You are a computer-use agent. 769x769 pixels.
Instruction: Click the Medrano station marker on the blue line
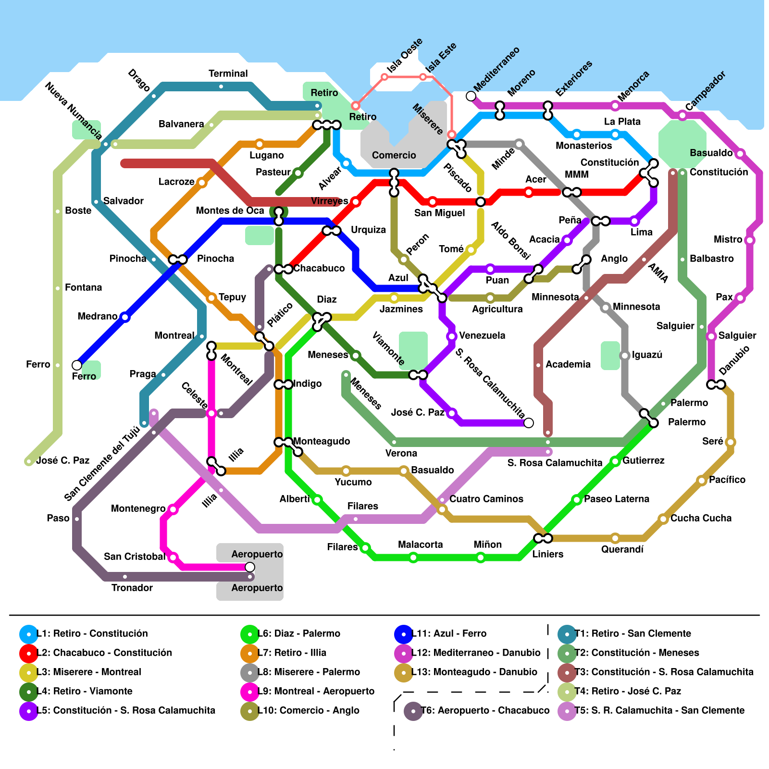[x=125, y=317]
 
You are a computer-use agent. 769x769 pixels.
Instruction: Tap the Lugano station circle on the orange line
[x=260, y=144]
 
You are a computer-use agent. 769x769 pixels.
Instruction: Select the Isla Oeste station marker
[x=384, y=77]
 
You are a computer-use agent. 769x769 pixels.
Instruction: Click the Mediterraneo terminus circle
[x=471, y=96]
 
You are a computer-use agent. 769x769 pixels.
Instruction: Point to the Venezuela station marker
[x=452, y=336]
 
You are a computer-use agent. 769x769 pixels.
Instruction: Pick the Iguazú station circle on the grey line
[x=625, y=356]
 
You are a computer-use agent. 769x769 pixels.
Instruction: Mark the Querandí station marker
[x=615, y=538]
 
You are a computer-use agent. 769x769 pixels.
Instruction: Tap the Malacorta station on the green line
[x=413, y=558]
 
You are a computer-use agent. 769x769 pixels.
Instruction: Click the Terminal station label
[x=228, y=74]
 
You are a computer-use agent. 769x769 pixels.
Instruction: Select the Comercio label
[x=394, y=155]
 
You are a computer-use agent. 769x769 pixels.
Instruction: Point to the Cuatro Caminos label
[x=486, y=499]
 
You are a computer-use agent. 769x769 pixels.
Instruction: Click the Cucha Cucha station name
[x=701, y=518]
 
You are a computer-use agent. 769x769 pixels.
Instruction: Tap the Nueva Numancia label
[x=73, y=111]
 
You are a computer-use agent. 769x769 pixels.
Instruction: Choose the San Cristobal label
[x=134, y=557]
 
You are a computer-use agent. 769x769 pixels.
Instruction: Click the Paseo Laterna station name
[x=616, y=499]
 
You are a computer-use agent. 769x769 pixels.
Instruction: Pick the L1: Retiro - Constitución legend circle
[x=29, y=633]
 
